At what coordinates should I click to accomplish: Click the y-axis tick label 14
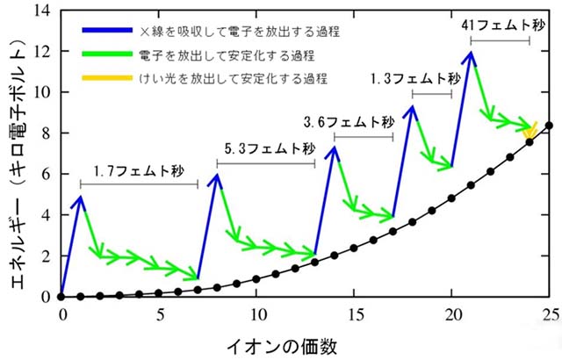[x=44, y=11]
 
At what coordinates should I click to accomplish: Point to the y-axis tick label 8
[x=47, y=133]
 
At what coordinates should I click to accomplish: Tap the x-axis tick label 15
[x=354, y=314]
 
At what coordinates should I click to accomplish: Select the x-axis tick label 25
[x=549, y=314]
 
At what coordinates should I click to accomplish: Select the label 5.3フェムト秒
[x=266, y=148]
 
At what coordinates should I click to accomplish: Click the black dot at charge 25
[x=549, y=126]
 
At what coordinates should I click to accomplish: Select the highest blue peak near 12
[x=472, y=54]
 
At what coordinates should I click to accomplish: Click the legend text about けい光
[x=233, y=78]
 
